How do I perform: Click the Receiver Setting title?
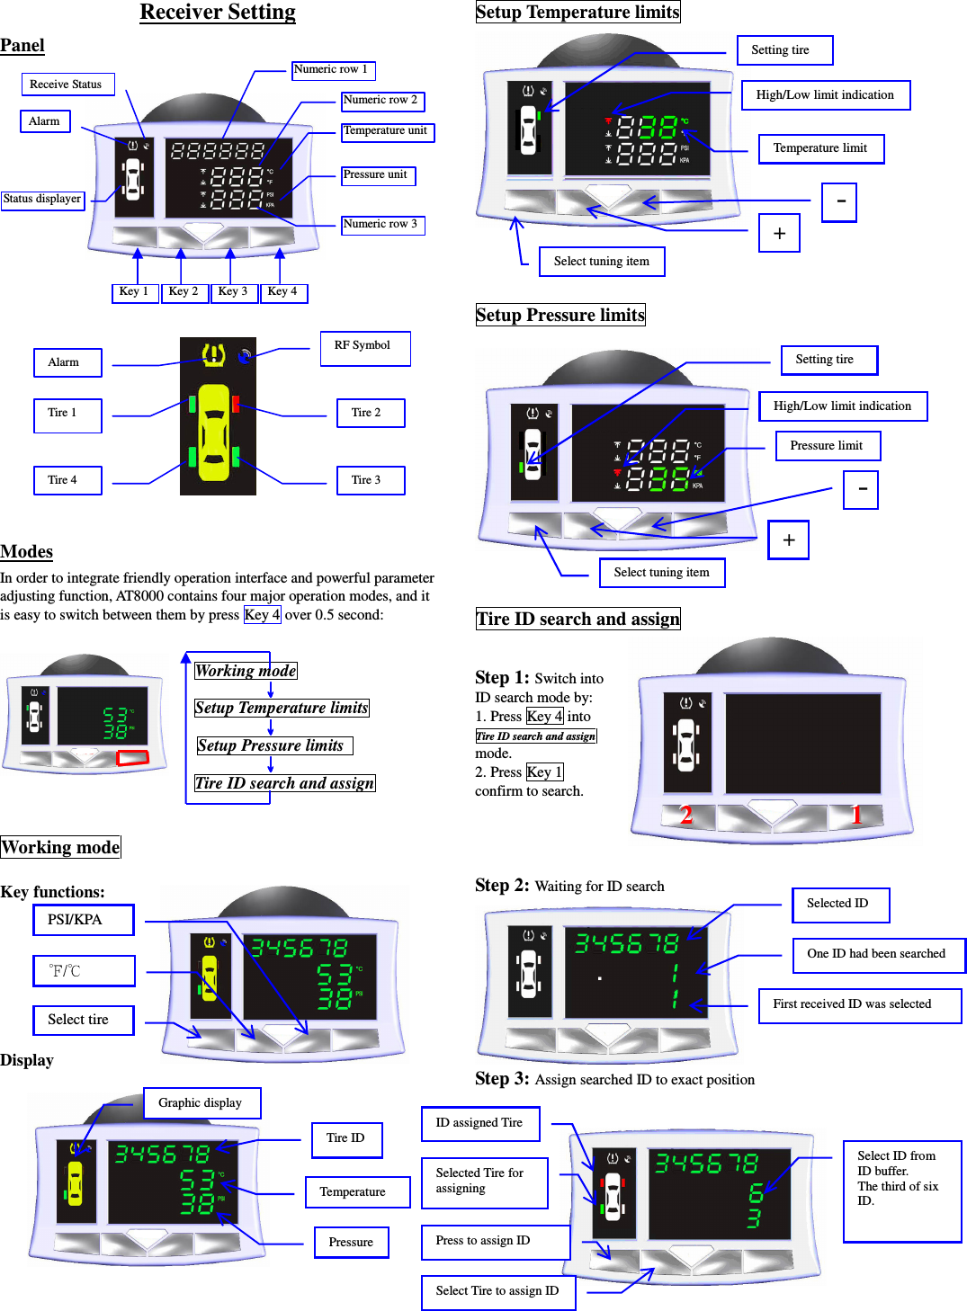(218, 13)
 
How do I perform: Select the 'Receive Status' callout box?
(67, 85)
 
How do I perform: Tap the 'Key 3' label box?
(233, 292)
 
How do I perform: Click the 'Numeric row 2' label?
(381, 101)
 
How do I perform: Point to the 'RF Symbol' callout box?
(364, 348)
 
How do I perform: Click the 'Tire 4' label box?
(67, 480)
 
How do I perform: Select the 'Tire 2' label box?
(371, 413)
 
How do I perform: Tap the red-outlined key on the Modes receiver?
(132, 758)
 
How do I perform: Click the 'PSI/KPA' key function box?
(84, 920)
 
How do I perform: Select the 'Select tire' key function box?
(84, 1020)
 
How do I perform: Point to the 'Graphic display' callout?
(201, 1103)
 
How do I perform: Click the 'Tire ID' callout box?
(346, 1139)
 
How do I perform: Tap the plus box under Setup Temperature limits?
(779, 233)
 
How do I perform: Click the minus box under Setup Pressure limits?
(861, 490)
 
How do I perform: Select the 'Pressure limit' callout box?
(828, 446)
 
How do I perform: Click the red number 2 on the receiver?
(686, 815)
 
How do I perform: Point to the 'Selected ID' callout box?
(840, 905)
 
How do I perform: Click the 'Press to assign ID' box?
(495, 1242)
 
